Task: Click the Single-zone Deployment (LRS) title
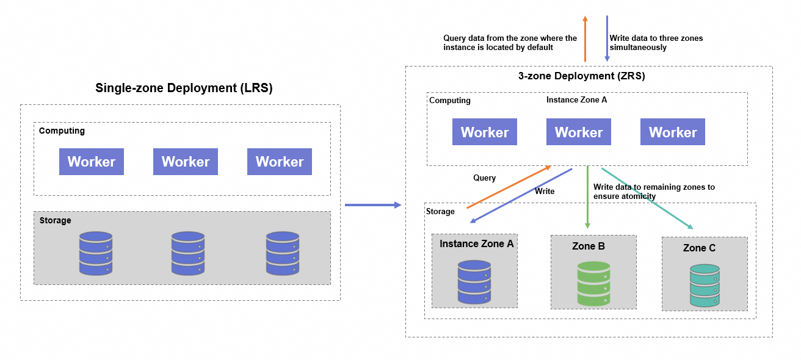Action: [184, 88]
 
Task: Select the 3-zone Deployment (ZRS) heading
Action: [581, 76]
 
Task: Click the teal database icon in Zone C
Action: [705, 286]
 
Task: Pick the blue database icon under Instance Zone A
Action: [474, 282]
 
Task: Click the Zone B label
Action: [589, 247]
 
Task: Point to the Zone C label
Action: [699, 248]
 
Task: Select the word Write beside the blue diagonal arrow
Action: [545, 192]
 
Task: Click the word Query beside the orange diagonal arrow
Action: [485, 178]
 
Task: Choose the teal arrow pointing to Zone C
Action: [647, 198]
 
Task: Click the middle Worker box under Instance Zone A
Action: [579, 132]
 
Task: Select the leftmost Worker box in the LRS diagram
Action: [92, 162]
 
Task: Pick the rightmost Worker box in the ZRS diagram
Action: [673, 132]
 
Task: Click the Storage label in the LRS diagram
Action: [55, 220]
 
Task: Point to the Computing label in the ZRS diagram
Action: [450, 101]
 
